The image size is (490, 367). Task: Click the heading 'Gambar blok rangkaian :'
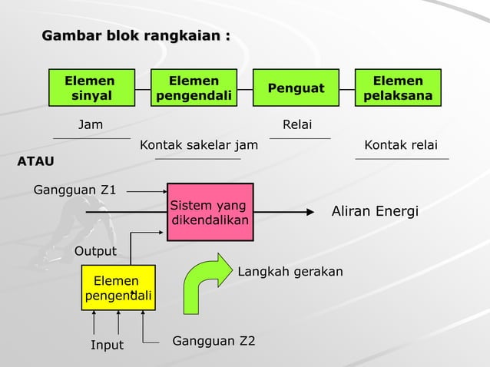coord(135,36)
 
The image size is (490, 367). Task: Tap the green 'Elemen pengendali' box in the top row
coord(194,88)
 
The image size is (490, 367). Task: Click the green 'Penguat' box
coord(296,88)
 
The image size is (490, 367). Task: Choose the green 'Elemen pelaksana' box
coord(398,88)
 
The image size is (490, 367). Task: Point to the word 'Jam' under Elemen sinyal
coord(91,124)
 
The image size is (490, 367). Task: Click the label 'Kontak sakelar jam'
coord(199,145)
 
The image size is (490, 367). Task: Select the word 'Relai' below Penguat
coord(297,124)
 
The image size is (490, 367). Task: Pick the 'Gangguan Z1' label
coord(75,190)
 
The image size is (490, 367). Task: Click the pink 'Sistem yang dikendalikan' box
coord(209,213)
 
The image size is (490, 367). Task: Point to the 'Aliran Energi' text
coord(374,211)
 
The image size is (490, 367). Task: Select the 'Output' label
coord(95,251)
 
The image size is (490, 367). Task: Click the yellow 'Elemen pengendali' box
coord(118,288)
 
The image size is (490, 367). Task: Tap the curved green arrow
coord(206,282)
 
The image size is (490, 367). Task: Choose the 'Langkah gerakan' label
coord(290,272)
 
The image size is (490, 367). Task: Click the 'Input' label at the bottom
coord(107,345)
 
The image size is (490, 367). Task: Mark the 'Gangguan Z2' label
coord(214,340)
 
